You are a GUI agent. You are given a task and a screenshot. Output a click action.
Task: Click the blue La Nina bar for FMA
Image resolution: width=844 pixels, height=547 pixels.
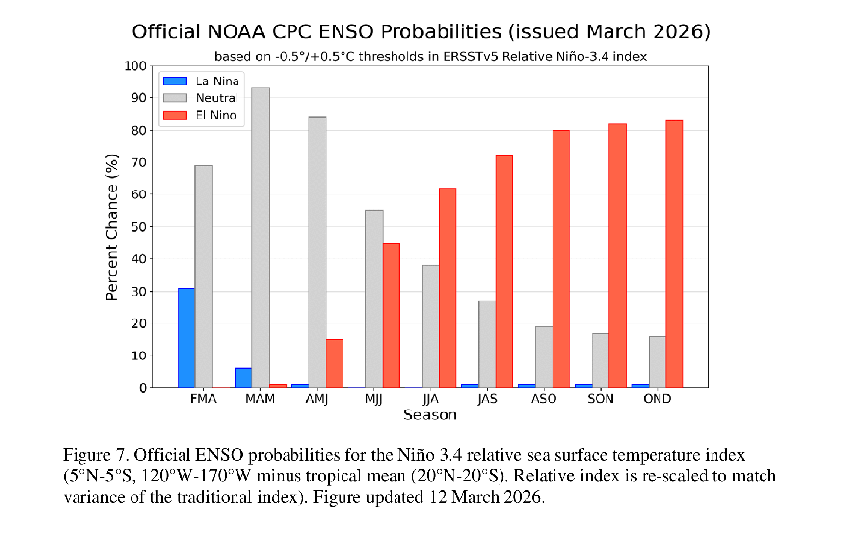[x=185, y=338]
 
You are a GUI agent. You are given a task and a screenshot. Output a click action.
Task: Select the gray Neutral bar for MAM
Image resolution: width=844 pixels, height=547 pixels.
[x=260, y=238]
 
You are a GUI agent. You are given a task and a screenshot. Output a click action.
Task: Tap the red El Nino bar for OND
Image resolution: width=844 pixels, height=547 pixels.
[x=674, y=253]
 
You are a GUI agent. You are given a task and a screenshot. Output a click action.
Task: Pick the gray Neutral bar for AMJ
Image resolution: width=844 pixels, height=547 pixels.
[x=316, y=251]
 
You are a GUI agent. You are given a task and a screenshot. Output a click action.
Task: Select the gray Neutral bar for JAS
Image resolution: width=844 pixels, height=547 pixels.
[x=487, y=344]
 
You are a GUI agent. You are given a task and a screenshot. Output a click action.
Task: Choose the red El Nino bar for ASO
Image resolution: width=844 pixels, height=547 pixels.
[x=560, y=258]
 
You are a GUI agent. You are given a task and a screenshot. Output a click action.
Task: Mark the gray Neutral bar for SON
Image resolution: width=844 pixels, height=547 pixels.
[x=600, y=359]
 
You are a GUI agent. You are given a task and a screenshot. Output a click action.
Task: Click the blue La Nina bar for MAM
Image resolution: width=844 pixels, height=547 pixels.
[x=242, y=377]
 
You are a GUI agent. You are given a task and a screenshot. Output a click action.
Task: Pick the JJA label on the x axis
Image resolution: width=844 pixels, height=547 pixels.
[x=429, y=401]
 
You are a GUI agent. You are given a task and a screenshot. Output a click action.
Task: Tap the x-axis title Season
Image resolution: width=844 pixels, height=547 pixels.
[x=429, y=415]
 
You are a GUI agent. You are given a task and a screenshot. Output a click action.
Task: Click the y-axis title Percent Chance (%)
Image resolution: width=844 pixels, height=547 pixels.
[x=112, y=226]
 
